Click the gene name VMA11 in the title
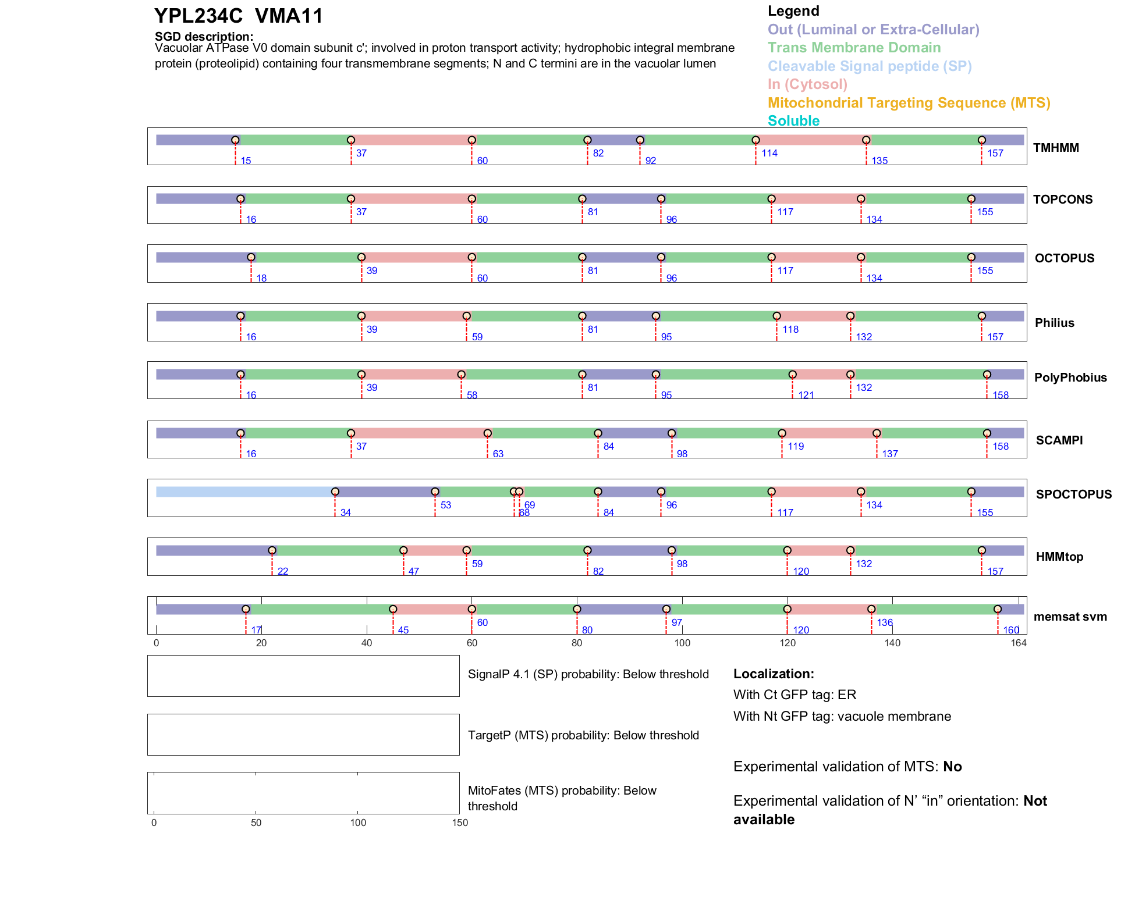[289, 16]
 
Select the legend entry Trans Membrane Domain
[854, 48]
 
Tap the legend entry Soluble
[793, 121]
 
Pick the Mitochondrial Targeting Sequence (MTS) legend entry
[909, 103]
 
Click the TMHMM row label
[1056, 148]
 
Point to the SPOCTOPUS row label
[1073, 494]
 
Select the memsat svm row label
[1070, 617]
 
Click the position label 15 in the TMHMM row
[246, 161]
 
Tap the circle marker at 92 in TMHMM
[640, 140]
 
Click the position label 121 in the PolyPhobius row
[806, 396]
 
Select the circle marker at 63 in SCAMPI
[488, 433]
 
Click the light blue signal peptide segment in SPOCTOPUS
[244, 492]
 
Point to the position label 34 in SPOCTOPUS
[346, 512]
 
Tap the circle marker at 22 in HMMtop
[272, 550]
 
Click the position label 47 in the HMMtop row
[414, 571]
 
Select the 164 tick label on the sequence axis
[1019, 643]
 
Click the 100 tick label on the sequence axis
[682, 643]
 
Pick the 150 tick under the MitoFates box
[460, 823]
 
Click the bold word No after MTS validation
[952, 767]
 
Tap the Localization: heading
[774, 674]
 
